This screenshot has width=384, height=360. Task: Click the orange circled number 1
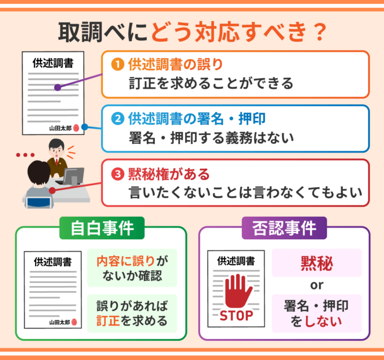click(x=117, y=64)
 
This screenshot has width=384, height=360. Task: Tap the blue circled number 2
click(x=117, y=118)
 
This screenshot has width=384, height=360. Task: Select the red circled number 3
click(x=117, y=174)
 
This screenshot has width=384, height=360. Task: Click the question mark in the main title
click(x=320, y=32)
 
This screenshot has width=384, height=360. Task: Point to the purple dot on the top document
click(x=58, y=87)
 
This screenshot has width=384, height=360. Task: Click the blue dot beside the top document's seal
click(x=85, y=127)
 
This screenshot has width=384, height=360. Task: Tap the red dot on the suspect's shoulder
click(x=52, y=190)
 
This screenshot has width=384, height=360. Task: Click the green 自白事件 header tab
click(x=102, y=228)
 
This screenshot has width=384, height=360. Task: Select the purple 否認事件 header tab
click(x=284, y=228)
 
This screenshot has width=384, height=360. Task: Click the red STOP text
click(x=236, y=315)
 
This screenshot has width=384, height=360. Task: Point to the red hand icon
click(x=238, y=291)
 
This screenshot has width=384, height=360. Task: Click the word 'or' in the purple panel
click(x=317, y=286)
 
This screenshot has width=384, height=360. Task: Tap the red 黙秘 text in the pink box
click(x=317, y=264)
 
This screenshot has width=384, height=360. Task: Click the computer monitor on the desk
click(x=73, y=176)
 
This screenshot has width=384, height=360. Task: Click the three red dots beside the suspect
click(x=25, y=155)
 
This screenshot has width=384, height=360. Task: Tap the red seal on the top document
click(x=76, y=128)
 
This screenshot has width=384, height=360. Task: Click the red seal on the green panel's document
click(x=74, y=322)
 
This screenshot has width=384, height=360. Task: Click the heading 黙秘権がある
click(x=169, y=174)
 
